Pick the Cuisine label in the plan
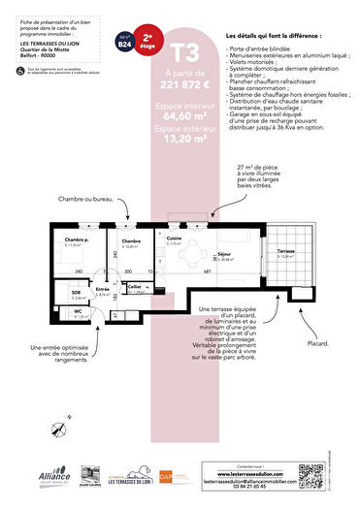point(175,239)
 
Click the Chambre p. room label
point(77,239)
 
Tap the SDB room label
point(76,292)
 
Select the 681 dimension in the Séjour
point(207,272)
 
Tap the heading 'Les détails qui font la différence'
point(271,36)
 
